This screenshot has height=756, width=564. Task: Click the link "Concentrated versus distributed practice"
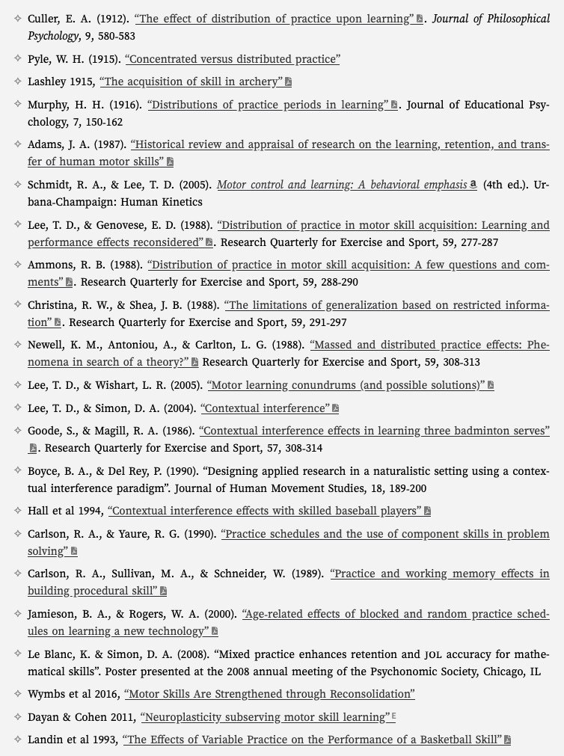coord(232,58)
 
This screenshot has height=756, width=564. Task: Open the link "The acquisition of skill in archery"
coord(191,82)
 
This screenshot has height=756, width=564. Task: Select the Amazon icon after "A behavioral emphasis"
coord(473,184)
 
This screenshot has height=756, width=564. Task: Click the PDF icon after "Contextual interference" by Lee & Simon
coord(335,408)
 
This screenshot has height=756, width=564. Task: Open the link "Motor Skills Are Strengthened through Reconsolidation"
coord(269,694)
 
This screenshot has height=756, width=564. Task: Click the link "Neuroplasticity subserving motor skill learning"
coord(265,717)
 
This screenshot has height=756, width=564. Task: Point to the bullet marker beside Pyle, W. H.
coord(18,58)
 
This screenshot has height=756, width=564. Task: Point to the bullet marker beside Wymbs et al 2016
coord(18,694)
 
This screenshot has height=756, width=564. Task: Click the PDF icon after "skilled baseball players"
coord(427,511)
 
